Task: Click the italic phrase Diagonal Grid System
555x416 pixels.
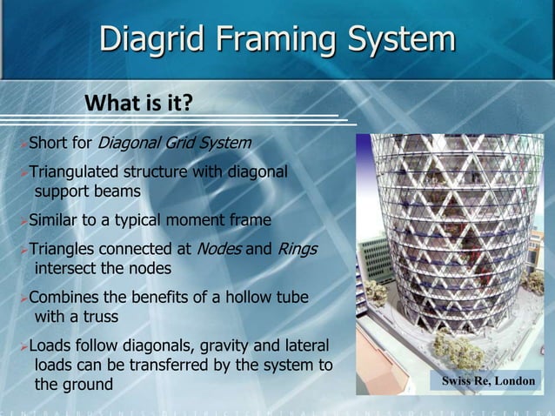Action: point(174,142)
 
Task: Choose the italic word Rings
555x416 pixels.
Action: point(298,249)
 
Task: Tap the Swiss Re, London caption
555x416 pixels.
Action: point(488,381)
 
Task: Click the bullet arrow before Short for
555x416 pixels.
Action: point(23,143)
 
